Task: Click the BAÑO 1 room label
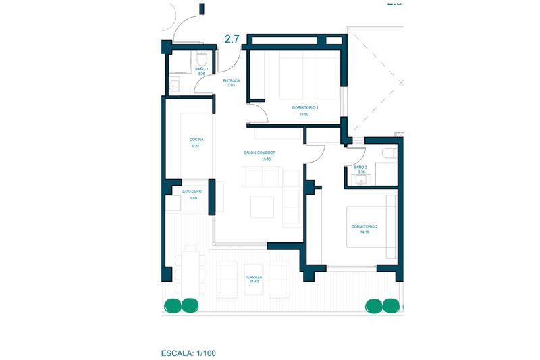[x=202, y=69]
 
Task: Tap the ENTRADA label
[x=231, y=80]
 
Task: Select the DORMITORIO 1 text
[x=305, y=107]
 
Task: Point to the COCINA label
[x=196, y=140]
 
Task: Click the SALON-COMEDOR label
[x=260, y=153]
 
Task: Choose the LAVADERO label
[x=192, y=192]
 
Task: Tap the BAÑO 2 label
[x=360, y=167]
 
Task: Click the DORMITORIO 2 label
[x=364, y=226]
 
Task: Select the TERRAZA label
[x=254, y=277]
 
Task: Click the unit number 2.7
[x=232, y=39]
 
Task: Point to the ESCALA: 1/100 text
[x=189, y=353]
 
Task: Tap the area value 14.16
[x=364, y=232]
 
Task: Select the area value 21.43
[x=254, y=282]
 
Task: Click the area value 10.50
[x=304, y=115]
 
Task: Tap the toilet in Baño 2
[x=387, y=154]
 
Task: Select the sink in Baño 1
[x=175, y=86]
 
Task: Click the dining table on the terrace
[x=190, y=271]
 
